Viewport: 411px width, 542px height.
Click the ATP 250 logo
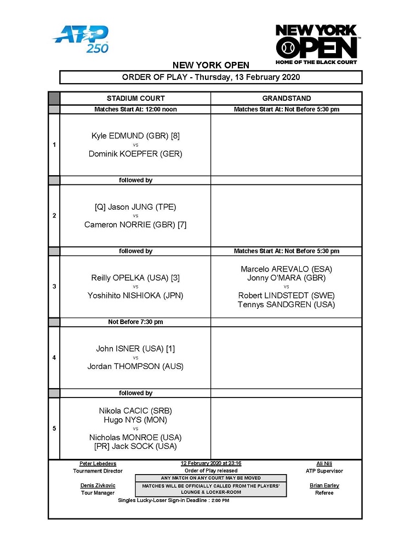(81, 39)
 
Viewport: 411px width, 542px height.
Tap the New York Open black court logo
(316, 44)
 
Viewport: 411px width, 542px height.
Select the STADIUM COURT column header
(135, 99)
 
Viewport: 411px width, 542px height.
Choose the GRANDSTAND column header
(286, 99)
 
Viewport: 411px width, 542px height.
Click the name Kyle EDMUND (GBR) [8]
(135, 136)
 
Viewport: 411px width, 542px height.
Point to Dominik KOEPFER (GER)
(135, 154)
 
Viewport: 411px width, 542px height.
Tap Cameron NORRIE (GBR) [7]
(135, 224)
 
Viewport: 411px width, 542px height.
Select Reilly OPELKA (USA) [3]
(135, 278)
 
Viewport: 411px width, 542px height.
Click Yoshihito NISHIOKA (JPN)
(135, 296)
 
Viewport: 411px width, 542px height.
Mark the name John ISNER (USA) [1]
(135, 349)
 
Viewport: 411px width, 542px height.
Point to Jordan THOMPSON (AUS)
(135, 366)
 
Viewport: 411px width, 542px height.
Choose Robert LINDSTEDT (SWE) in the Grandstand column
(286, 296)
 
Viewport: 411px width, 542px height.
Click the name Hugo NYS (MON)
(135, 420)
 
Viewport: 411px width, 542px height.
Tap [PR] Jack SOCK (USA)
(135, 446)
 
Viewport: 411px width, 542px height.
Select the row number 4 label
(54, 358)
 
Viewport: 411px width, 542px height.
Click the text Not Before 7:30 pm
(135, 322)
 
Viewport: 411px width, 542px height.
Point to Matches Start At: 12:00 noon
(135, 109)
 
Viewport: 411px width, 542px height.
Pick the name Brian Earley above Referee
(324, 486)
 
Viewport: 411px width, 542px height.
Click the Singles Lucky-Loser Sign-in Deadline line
(174, 500)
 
